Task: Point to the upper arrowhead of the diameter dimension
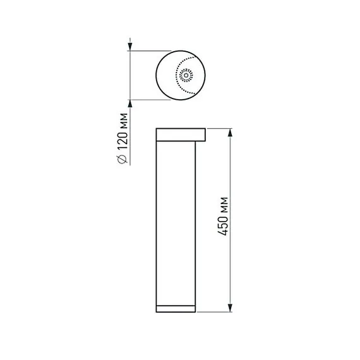pyautogui.click(x=130, y=45)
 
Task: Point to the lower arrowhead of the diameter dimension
pyautogui.click(x=130, y=104)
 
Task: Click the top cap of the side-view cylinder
pyautogui.click(x=181, y=134)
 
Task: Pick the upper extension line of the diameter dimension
pyautogui.click(x=152, y=51)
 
